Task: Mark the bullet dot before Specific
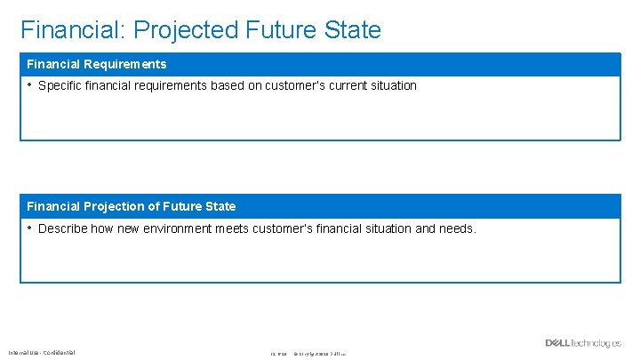coord(29,85)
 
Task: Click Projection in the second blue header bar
coord(115,206)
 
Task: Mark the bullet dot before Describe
coord(29,228)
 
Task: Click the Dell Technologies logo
coord(583,343)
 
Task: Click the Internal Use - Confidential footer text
coord(43,353)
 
